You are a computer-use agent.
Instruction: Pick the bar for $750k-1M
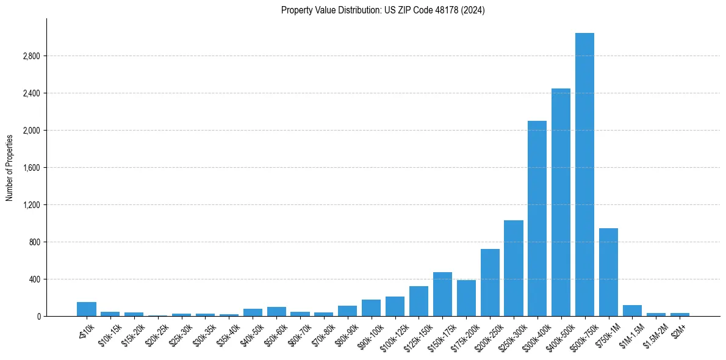[x=608, y=272]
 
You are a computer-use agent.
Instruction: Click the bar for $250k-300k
[x=513, y=268]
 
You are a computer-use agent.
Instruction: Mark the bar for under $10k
[x=87, y=309]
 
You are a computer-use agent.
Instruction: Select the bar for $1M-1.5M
[x=632, y=311]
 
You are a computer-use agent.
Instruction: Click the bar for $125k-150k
[x=419, y=301]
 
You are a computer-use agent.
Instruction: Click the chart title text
[x=383, y=10]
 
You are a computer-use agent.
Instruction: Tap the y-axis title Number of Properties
[x=10, y=167]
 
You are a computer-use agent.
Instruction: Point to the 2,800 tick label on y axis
[x=31, y=56]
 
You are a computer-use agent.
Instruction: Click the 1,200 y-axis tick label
[x=31, y=205]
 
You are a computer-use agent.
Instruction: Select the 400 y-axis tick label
[x=34, y=279]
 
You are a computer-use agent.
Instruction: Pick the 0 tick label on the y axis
[x=38, y=317]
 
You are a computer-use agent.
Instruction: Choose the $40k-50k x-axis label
[x=251, y=332]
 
